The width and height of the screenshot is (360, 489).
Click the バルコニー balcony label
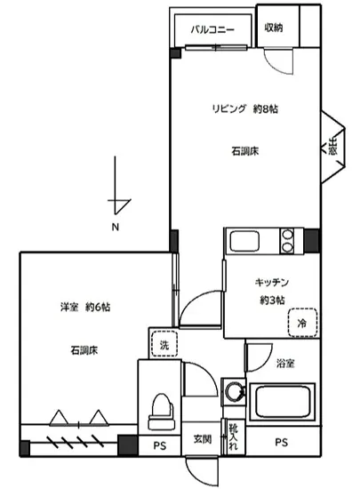point(213,29)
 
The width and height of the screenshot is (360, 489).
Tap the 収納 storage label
point(274,27)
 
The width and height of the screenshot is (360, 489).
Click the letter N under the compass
point(115,228)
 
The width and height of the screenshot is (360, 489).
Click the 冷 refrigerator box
point(303,323)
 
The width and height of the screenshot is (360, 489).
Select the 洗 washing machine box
point(164,344)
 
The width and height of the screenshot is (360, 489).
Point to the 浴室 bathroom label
point(285,363)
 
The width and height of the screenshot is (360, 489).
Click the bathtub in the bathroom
point(282,405)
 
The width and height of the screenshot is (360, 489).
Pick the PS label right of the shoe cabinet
point(281,443)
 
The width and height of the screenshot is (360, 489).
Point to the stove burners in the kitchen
point(288,241)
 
